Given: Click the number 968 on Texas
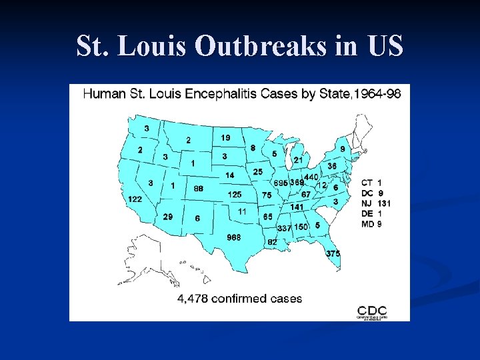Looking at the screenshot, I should coord(233,237).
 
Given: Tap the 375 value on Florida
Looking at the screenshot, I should coord(333,253).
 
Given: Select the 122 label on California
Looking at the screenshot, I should coord(135,199).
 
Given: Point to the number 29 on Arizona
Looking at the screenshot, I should coord(168,217).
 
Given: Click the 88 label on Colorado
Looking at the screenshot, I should coord(198,189).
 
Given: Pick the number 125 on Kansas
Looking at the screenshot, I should coord(235,195).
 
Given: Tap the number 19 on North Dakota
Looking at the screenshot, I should coord(225,137).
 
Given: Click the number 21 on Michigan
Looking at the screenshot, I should coord(299,160).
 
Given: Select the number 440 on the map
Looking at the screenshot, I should coord(311,177).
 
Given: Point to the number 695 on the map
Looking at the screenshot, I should coord(280,183).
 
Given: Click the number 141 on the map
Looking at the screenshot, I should coord(296,207).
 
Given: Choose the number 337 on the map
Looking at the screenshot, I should coord(284,228).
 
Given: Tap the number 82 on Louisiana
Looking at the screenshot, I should coord(272,242).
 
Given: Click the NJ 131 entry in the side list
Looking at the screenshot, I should coord(376,203).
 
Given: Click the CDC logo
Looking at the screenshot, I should coord(372,311).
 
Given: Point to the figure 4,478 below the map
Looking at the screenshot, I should coord(193,299).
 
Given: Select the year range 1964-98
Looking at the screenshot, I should coord(378,94).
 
